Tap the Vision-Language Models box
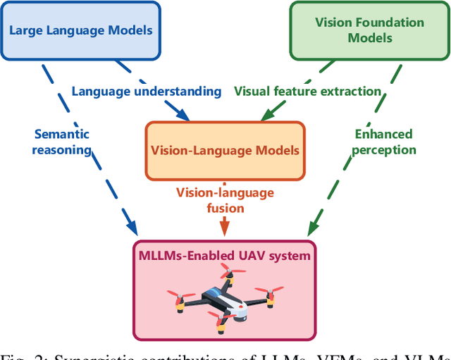click(x=225, y=150)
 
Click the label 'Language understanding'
click(x=147, y=91)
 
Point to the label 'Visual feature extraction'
click(x=307, y=91)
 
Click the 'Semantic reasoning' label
click(x=62, y=142)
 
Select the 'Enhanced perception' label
click(x=383, y=142)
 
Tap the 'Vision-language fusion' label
click(x=225, y=200)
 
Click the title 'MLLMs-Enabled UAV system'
click(x=225, y=255)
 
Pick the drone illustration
click(x=225, y=299)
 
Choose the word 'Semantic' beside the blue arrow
click(x=62, y=134)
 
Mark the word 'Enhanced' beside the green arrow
click(x=383, y=134)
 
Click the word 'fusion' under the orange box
click(x=225, y=208)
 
